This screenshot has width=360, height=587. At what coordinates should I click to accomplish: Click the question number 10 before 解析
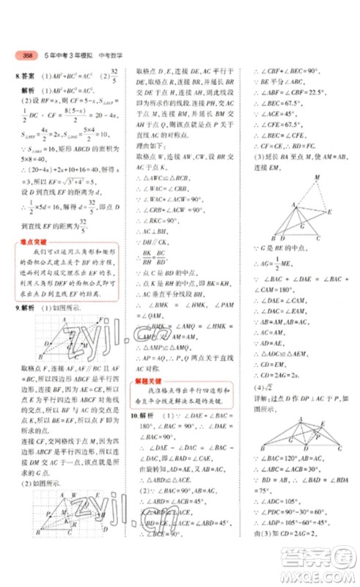132,416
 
